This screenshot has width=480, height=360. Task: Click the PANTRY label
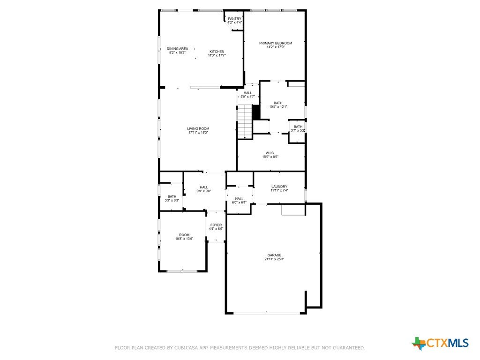(235, 19)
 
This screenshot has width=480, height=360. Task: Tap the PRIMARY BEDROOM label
(276, 43)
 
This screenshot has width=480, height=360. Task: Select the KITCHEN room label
(217, 52)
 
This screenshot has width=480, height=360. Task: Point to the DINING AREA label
(177, 49)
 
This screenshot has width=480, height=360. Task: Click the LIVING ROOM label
(198, 128)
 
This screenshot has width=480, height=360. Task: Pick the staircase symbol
(245, 122)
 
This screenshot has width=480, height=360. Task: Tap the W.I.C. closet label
(270, 153)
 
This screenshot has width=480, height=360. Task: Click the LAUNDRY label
(279, 187)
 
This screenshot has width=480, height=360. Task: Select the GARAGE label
(274, 255)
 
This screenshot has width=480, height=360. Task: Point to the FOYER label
(216, 225)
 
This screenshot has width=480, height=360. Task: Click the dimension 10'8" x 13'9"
(184, 239)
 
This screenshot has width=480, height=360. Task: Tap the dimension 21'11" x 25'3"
(274, 259)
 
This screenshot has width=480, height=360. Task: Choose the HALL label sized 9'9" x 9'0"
(204, 187)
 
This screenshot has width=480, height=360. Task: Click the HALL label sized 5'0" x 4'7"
(248, 93)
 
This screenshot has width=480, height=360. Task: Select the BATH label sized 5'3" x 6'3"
(172, 196)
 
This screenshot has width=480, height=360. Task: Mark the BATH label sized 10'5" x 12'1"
(278, 103)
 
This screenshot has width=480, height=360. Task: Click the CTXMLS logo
(440, 343)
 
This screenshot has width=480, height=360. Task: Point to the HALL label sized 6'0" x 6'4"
(239, 199)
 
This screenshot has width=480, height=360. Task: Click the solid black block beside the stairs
(256, 112)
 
